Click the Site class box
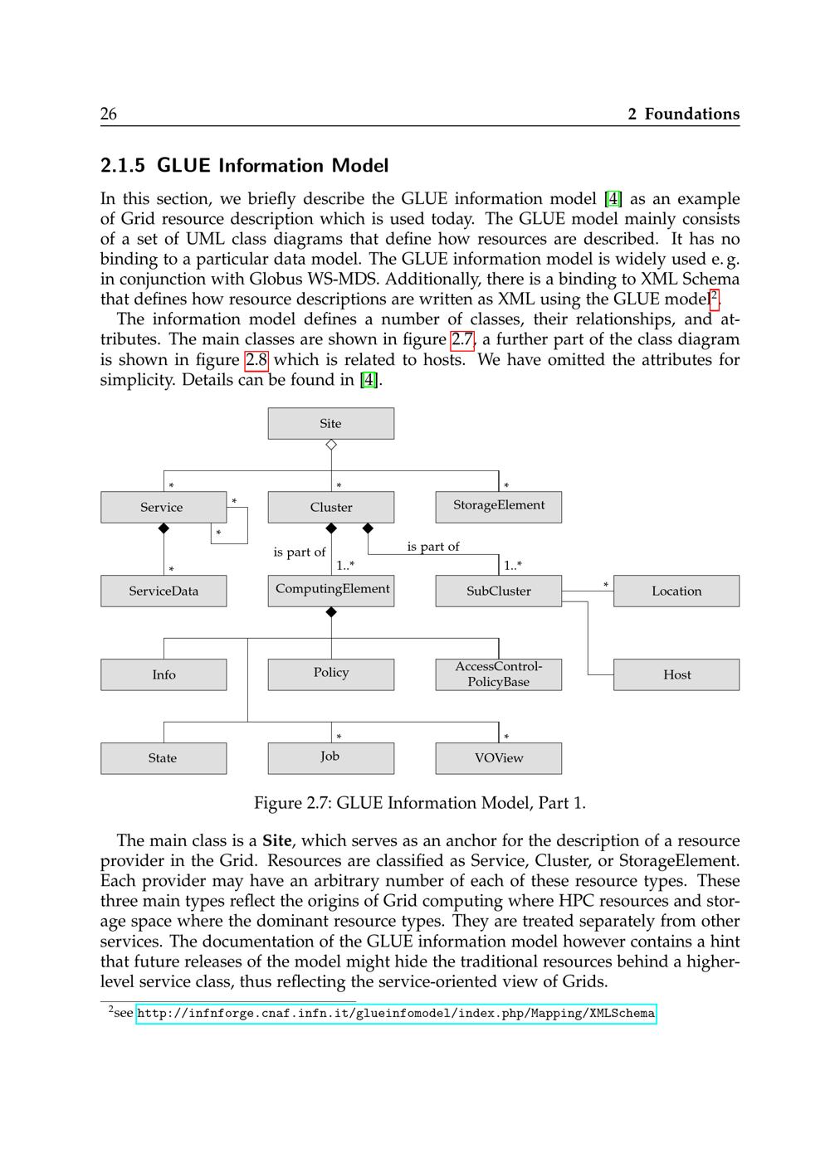330,423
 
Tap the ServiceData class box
164,591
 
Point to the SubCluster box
498,591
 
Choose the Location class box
676,591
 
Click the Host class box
676,674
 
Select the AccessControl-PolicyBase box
498,674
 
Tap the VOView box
498,758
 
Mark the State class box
164,758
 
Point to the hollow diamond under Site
331,445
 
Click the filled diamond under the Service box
164,528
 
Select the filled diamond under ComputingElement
331,612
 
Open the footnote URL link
396,1014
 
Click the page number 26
109,114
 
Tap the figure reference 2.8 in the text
256,360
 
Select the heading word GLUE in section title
183,166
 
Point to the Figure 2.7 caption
419,803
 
